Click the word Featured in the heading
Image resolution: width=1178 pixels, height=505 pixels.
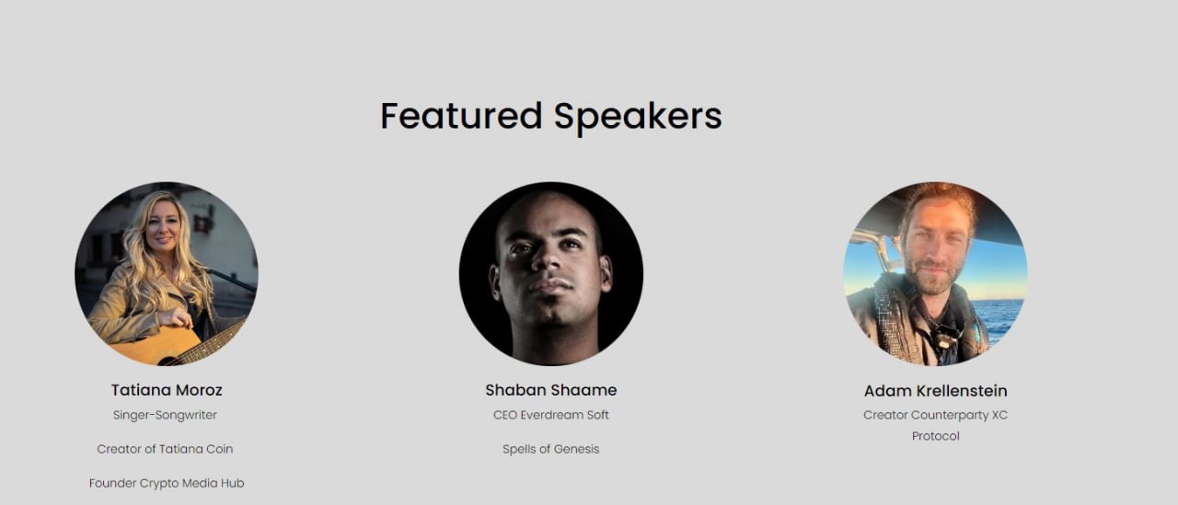click(x=461, y=116)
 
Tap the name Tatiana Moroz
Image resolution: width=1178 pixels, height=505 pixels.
click(x=167, y=390)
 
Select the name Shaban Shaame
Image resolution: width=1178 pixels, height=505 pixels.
click(x=550, y=390)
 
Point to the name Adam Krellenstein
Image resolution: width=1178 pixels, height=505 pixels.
click(x=936, y=390)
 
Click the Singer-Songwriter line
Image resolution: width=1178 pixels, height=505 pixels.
click(x=165, y=415)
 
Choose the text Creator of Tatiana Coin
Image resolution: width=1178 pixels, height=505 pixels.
click(x=165, y=449)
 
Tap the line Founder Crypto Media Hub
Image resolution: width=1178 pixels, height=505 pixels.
click(x=167, y=483)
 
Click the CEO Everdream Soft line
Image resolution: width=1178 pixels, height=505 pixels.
click(x=550, y=415)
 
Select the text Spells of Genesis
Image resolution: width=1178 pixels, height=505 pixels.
click(x=550, y=449)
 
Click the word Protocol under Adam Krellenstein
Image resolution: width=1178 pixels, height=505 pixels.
click(x=936, y=436)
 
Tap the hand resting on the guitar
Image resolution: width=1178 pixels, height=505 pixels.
click(x=178, y=318)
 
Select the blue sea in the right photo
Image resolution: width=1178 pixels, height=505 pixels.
click(x=1002, y=320)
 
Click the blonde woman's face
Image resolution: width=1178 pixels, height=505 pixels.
click(x=164, y=229)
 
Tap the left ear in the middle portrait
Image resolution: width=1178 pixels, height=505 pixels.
click(x=494, y=281)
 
